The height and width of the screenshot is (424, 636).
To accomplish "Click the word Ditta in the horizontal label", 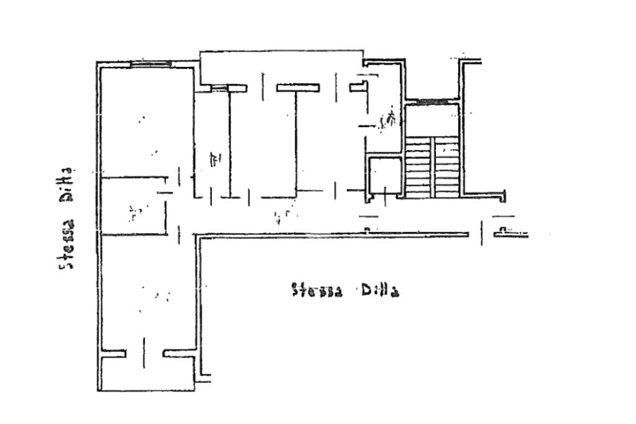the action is [378, 291].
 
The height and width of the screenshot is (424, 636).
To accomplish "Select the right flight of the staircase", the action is [446, 168].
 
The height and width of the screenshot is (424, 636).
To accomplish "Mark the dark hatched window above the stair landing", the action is [433, 101].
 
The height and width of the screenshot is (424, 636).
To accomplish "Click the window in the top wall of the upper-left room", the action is [150, 63].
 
